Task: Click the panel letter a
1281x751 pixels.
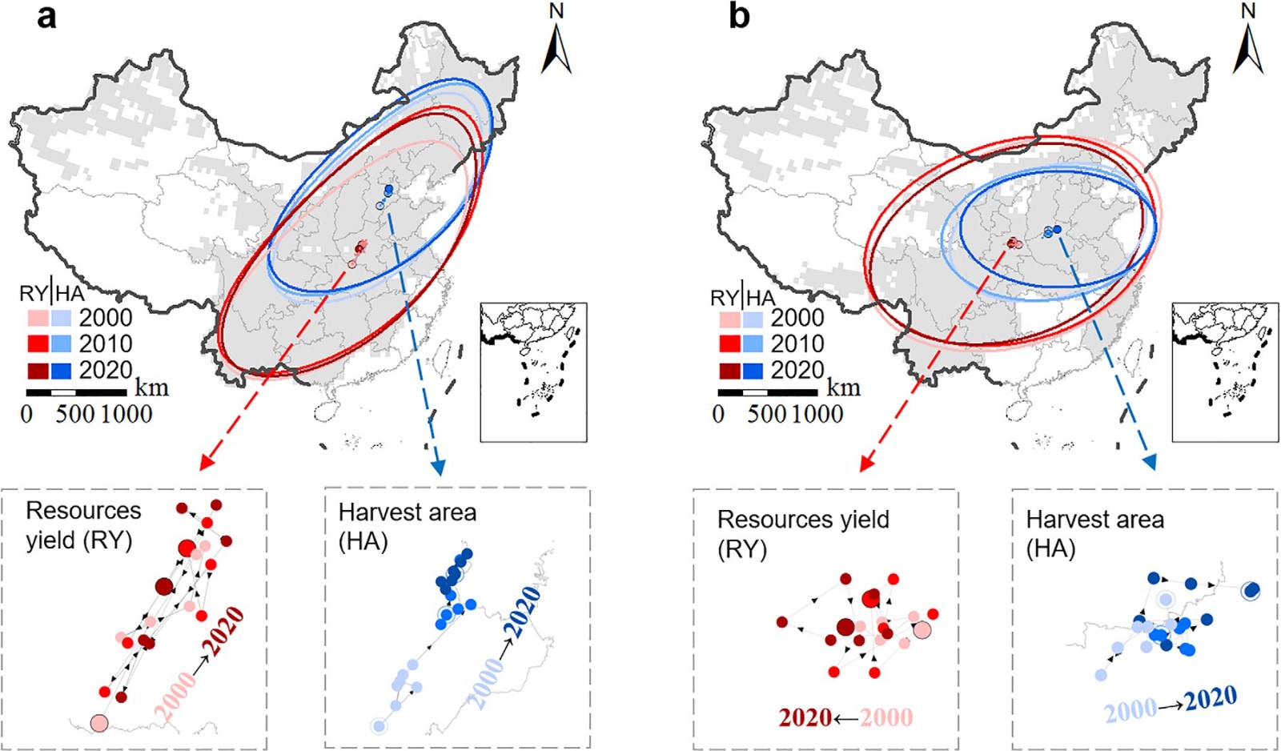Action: pyautogui.click(x=46, y=16)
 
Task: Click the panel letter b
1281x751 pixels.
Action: pyautogui.click(x=738, y=16)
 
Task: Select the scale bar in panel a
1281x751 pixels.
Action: pyautogui.click(x=76, y=392)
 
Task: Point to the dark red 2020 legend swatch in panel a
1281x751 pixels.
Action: pyautogui.click(x=38, y=371)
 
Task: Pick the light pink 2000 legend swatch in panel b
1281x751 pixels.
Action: pyautogui.click(x=729, y=319)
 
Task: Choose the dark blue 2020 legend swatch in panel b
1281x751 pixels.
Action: pyautogui.click(x=753, y=371)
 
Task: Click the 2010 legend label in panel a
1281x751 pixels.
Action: pyautogui.click(x=106, y=344)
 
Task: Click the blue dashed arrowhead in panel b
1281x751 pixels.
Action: pyautogui.click(x=1149, y=462)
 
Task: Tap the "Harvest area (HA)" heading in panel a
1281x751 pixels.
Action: pyautogui.click(x=407, y=526)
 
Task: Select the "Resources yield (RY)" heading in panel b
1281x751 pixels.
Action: pyautogui.click(x=802, y=533)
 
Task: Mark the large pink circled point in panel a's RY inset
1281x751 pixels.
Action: pyautogui.click(x=98, y=723)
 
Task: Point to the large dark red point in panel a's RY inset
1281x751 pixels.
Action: pyautogui.click(x=163, y=587)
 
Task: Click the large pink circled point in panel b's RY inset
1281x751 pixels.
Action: pyautogui.click(x=922, y=630)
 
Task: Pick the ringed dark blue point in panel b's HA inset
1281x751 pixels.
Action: pyautogui.click(x=1250, y=591)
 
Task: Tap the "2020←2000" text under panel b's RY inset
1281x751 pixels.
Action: pyautogui.click(x=845, y=717)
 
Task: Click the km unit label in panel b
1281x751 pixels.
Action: pyautogui.click(x=843, y=388)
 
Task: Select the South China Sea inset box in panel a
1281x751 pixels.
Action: pyautogui.click(x=533, y=372)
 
